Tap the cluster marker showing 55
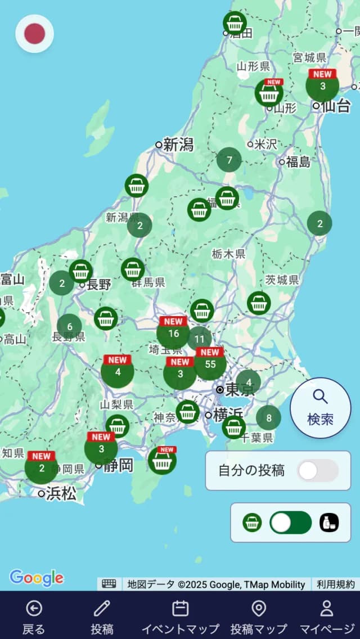click(x=210, y=364)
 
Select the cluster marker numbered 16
click(x=173, y=333)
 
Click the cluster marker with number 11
click(x=200, y=339)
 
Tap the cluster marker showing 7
click(x=229, y=160)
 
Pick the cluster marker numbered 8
click(x=269, y=418)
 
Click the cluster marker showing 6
click(x=69, y=326)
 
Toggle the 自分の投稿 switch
click(x=318, y=471)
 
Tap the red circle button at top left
click(x=34, y=34)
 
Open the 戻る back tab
click(x=34, y=616)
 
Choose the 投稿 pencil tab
click(x=102, y=616)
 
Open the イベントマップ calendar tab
click(x=180, y=616)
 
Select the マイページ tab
click(x=327, y=616)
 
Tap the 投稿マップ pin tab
click(x=259, y=616)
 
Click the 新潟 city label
click(x=178, y=145)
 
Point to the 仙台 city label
click(x=336, y=105)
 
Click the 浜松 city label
click(x=61, y=493)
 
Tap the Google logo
click(x=37, y=578)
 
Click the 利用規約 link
click(x=335, y=584)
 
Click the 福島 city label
click(x=298, y=162)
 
